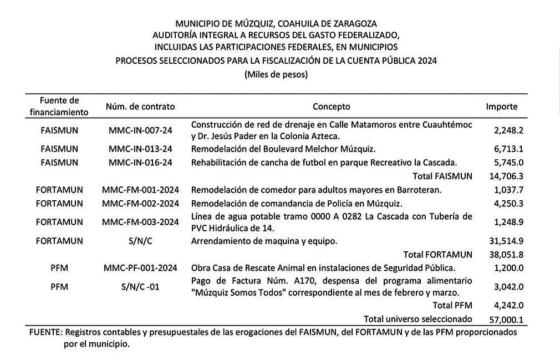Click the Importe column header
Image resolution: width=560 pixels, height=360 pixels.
coord(502,107)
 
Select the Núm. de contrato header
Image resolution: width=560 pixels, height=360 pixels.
coord(140,107)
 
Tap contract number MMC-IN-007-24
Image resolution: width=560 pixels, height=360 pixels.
coord(140,130)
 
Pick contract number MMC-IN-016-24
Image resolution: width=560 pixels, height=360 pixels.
coord(140,163)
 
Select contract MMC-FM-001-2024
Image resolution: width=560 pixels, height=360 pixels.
coord(140,190)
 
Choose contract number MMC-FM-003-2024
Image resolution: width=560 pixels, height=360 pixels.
coord(140,222)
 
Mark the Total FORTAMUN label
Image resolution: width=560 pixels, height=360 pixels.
coord(438,255)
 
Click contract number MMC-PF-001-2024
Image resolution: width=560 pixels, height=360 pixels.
coord(140,268)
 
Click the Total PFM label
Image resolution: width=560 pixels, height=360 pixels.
coord(452,305)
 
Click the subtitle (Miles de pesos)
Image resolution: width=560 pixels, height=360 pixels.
coord(276,74)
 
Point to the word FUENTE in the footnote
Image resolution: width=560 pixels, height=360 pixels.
coord(45,333)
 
